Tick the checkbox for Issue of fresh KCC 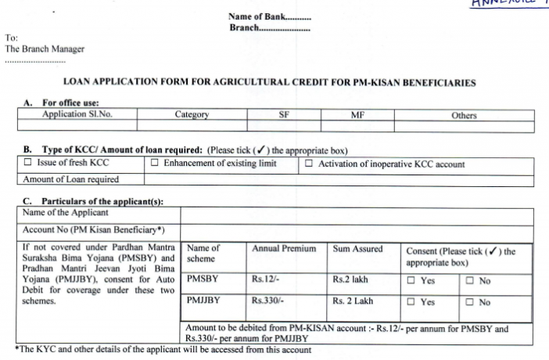(28, 164)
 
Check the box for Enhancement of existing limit (154, 164)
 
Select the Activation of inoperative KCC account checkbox (309, 164)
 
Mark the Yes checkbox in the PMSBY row (411, 281)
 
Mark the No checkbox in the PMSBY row (469, 281)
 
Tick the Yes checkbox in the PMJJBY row (411, 302)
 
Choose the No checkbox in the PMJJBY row (469, 302)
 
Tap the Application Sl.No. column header (76, 115)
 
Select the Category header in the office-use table (192, 115)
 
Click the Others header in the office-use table (464, 115)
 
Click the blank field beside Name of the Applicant (357, 214)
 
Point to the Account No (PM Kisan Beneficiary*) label (93, 231)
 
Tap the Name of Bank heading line (269, 16)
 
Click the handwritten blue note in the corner (508, 5)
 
